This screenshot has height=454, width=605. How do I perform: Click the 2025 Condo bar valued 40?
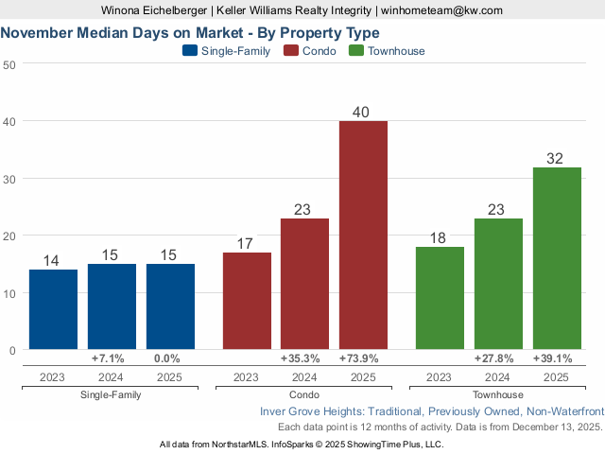click(x=364, y=236)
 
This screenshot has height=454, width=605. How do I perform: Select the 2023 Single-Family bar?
click(x=53, y=309)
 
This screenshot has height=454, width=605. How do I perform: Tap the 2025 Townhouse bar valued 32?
click(x=557, y=258)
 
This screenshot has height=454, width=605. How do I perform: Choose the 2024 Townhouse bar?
click(x=498, y=284)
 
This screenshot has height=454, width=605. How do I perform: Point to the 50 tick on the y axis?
click(x=9, y=64)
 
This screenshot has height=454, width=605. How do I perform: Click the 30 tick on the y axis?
click(x=9, y=179)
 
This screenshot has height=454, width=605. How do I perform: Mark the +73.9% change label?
click(x=364, y=358)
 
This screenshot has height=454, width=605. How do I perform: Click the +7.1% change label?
click(x=112, y=358)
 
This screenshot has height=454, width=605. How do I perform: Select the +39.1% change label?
click(x=557, y=358)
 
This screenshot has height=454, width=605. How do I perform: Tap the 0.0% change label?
click(x=170, y=358)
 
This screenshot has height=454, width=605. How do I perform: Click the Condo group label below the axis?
click(x=305, y=394)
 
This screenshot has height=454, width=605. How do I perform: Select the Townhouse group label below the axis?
click(x=498, y=394)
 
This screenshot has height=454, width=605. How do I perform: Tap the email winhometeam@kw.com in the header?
click(x=442, y=9)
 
